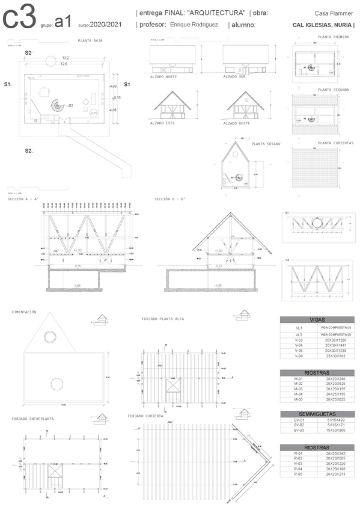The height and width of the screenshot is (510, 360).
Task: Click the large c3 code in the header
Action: pyautogui.click(x=19, y=18)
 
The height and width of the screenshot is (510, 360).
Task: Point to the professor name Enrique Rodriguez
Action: pyautogui.click(x=194, y=25)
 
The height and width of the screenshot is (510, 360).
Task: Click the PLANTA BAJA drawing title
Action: pyautogui.click(x=90, y=41)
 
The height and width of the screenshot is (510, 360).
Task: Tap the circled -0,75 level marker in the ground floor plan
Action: pyautogui.click(x=93, y=113)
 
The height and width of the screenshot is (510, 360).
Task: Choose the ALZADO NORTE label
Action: pyautogui.click(x=163, y=76)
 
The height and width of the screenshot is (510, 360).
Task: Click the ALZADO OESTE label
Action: pyautogui.click(x=236, y=123)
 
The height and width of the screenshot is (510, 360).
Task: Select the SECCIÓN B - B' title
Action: pyautogui.click(x=169, y=199)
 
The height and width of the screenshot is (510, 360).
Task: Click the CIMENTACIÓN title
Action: pyautogui.click(x=24, y=312)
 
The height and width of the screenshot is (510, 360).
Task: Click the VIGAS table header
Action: pyautogui.click(x=317, y=320)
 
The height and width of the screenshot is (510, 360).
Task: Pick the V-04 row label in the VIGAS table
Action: pyautogui.click(x=298, y=345)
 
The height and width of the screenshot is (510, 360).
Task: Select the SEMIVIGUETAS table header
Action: pyautogui.click(x=317, y=414)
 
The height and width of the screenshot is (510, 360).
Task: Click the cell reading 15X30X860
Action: pyautogui.click(x=332, y=431)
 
